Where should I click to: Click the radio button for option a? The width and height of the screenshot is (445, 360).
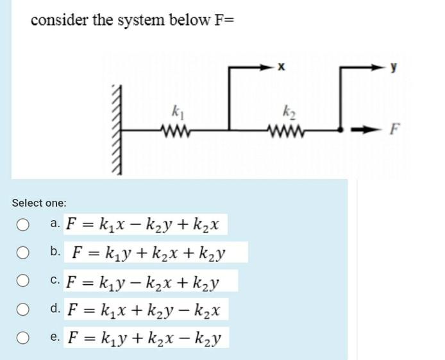pos(23,225)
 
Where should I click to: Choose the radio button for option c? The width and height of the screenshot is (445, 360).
pos(23,280)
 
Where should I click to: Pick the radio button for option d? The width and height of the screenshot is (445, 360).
pos(23,309)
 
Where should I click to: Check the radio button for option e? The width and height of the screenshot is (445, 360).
pos(23,338)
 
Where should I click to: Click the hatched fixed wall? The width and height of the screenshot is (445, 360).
pos(116,128)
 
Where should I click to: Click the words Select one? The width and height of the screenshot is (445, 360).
pos(38,203)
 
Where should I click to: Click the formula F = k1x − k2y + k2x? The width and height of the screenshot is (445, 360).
pos(144,225)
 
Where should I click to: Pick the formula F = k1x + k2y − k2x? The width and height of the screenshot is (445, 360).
pos(144,309)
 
